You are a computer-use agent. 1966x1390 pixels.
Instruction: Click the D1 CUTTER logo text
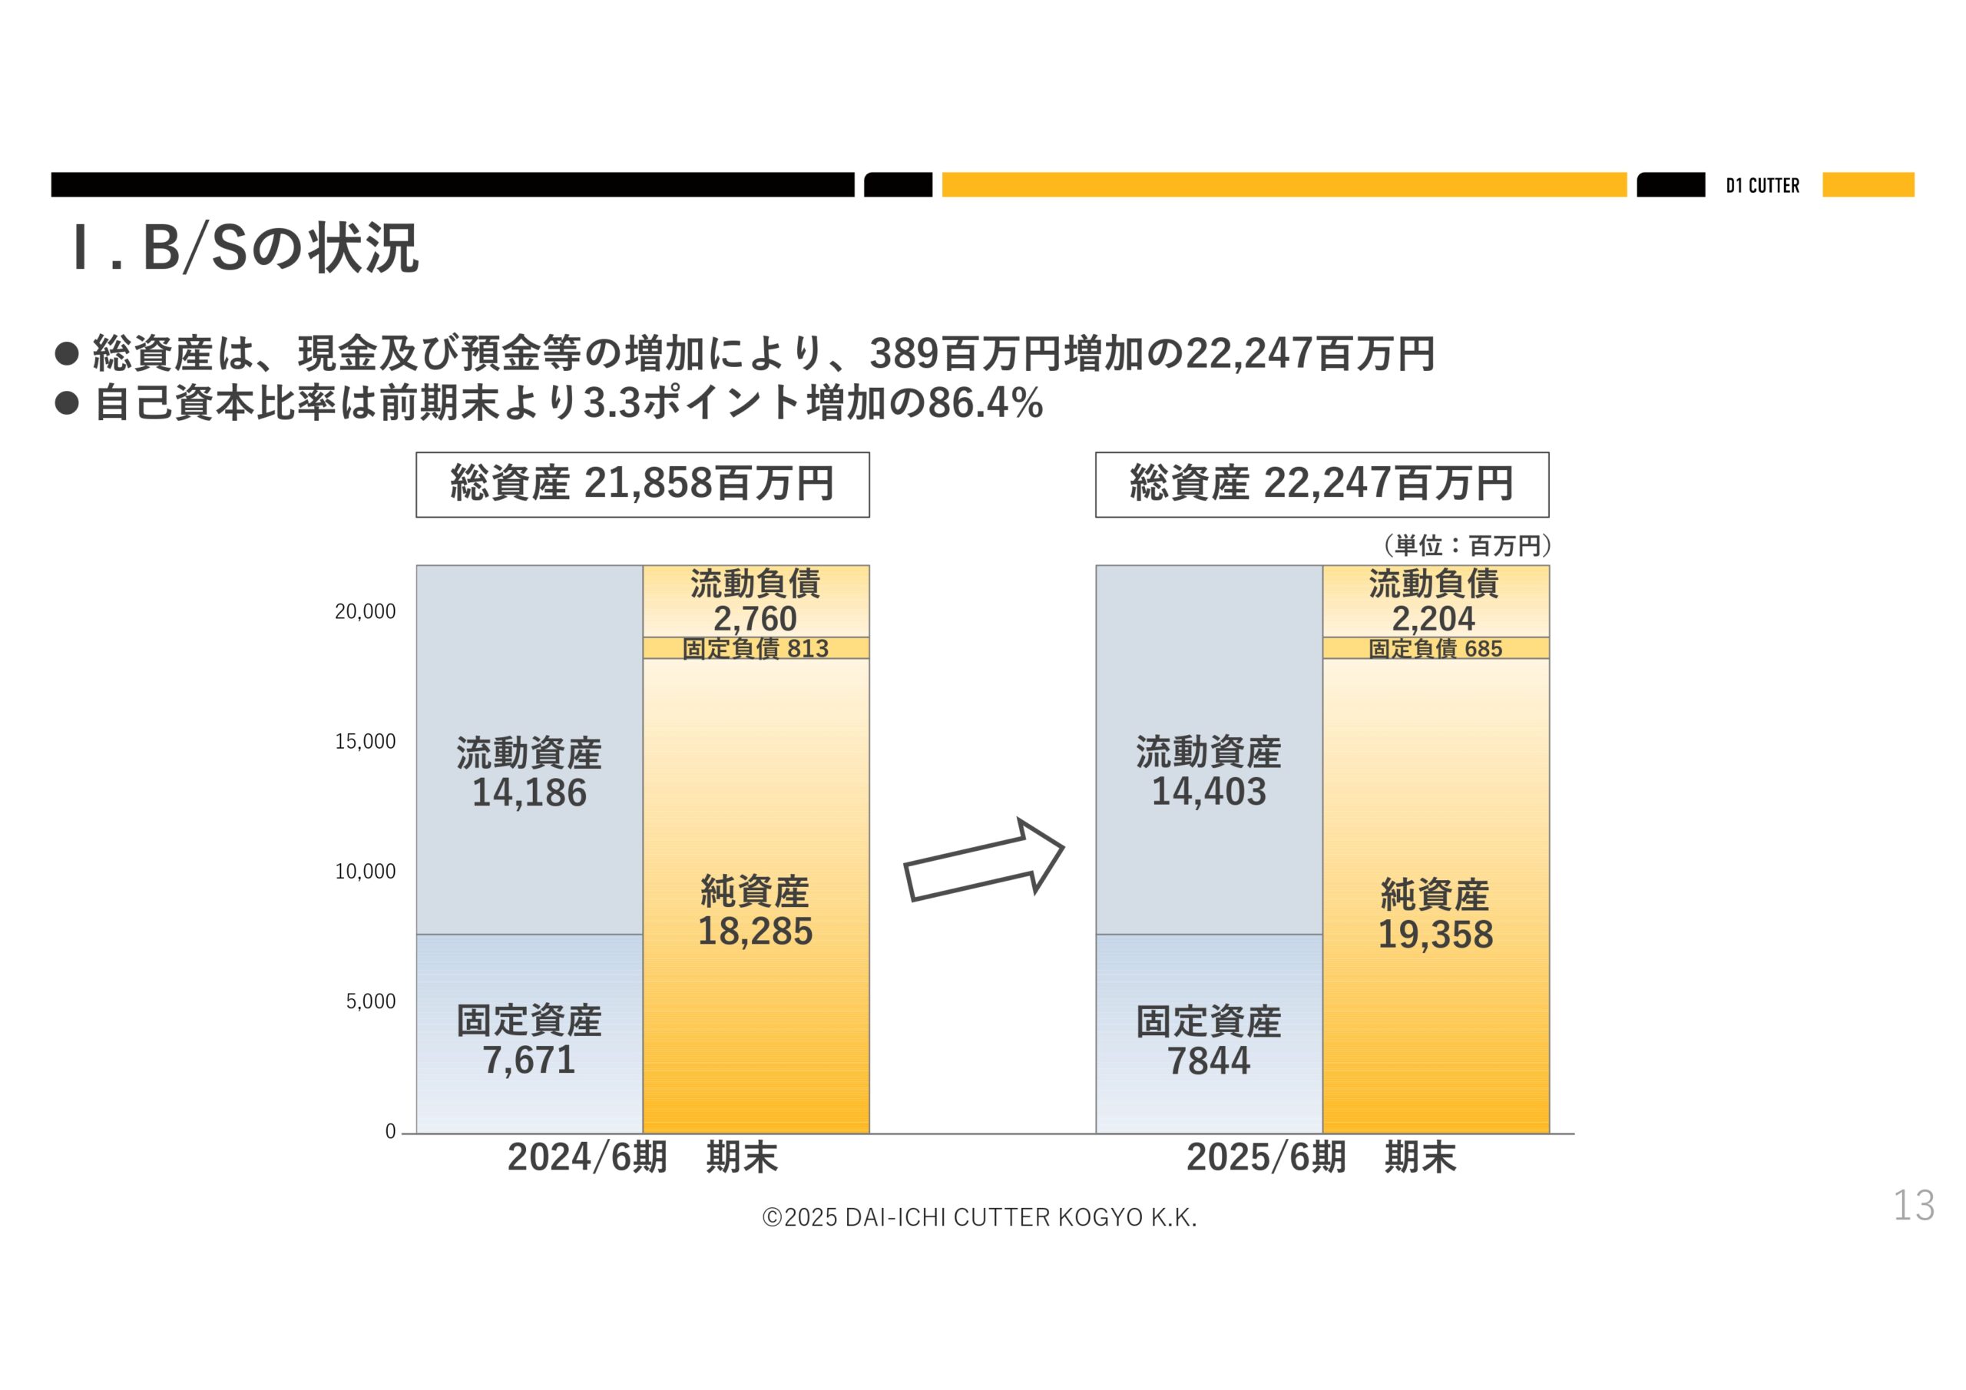1762,186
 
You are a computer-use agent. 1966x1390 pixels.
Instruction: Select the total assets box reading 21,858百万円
642,484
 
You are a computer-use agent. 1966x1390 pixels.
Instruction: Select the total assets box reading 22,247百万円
1321,484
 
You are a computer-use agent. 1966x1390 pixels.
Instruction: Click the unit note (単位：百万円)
1466,544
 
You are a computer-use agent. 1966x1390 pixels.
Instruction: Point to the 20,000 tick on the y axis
366,611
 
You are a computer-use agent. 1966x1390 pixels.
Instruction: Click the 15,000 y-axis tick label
366,742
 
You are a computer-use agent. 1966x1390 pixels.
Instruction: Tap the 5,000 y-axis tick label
371,1001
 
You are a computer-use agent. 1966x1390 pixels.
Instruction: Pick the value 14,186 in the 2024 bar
529,793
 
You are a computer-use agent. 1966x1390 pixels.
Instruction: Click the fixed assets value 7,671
529,1061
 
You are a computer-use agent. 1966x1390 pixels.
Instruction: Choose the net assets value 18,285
755,931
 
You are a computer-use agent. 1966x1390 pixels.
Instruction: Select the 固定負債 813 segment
755,648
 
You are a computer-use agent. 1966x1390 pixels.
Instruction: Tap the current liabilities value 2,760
755,618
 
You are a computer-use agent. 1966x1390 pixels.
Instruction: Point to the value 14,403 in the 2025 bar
1208,791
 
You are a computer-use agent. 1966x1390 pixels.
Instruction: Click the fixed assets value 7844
1208,1061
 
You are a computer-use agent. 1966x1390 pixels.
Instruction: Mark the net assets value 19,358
1435,935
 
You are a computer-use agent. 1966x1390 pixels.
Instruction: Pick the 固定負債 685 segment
1435,648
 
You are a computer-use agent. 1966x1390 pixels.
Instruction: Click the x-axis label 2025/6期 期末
1320,1157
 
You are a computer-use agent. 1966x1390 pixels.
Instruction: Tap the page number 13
1913,1205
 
